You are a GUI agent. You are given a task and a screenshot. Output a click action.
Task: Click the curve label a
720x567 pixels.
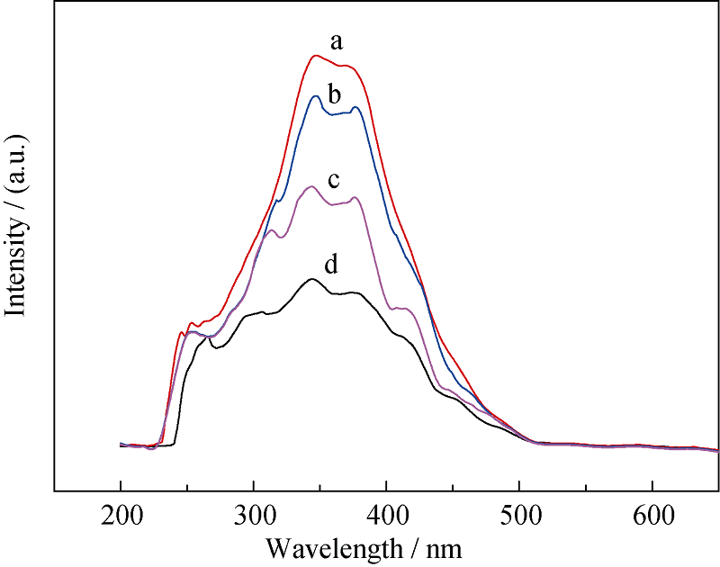(337, 41)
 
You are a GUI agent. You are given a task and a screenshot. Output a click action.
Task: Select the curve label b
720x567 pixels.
(333, 94)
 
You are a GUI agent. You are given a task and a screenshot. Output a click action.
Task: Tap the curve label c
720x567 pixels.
(333, 180)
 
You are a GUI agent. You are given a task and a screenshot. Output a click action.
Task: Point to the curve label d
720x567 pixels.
(331, 265)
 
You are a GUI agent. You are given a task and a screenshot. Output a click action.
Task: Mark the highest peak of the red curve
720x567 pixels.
(315, 56)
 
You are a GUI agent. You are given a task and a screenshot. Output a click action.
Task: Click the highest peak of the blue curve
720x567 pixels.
(316, 96)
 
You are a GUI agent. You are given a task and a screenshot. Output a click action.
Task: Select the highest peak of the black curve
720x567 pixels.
(312, 279)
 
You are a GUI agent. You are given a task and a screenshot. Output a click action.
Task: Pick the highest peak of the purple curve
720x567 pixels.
(311, 186)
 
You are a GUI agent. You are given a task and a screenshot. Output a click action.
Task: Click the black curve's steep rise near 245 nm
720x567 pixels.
(181, 396)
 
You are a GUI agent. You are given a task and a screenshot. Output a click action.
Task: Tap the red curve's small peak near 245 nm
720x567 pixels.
(182, 333)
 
